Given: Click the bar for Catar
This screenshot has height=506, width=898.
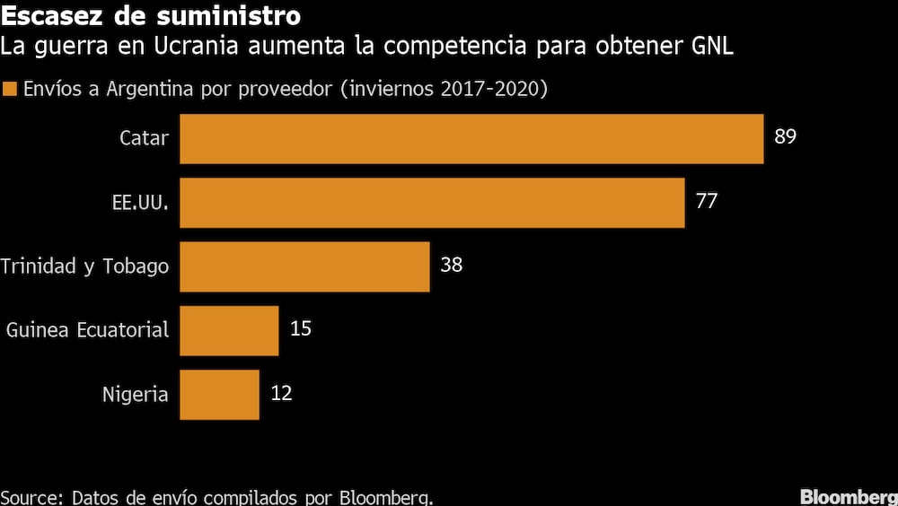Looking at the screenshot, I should coord(471,138).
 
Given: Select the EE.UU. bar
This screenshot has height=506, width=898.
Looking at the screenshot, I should coord(432,202).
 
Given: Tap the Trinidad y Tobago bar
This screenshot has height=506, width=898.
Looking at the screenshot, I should coord(304,266).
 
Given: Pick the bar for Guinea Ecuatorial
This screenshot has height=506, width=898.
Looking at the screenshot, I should coord(229,330).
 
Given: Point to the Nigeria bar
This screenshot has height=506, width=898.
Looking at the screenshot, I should coord(219,394).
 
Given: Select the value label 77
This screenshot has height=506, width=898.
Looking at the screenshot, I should coord(707,201).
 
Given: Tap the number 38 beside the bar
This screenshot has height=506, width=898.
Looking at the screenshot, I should coord(451,266).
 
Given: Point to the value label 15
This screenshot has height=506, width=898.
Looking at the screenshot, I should coord(301,329).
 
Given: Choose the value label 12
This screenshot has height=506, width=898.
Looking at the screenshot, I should coord(281,393).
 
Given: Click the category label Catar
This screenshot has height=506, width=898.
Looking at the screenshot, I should coord(144,138).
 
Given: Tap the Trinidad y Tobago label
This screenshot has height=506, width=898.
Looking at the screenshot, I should coord(84,266).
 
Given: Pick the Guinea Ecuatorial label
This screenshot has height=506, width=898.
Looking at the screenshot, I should coord(87,330).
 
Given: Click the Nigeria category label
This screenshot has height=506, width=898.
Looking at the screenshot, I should coord(135,394).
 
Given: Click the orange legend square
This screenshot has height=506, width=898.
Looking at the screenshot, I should coord(11,90).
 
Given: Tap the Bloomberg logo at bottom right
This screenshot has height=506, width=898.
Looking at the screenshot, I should coord(848,496).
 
